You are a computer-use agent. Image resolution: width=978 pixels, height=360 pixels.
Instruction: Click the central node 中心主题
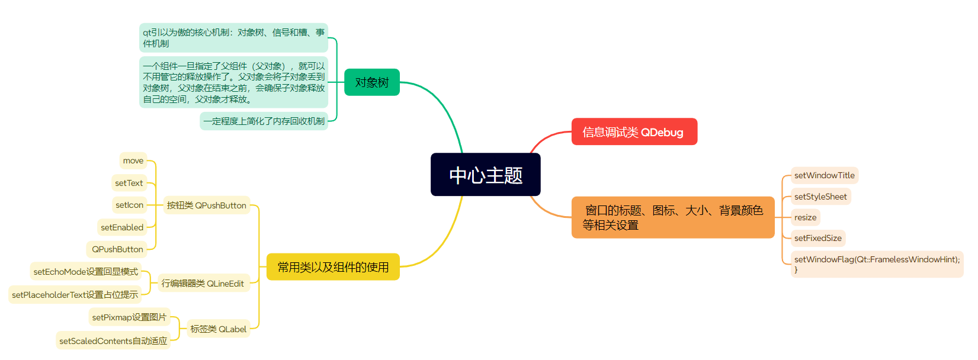tap(485, 175)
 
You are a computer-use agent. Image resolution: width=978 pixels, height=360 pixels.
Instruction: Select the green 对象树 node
tap(372, 82)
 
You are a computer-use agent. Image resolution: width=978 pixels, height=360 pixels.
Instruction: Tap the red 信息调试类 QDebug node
tap(634, 132)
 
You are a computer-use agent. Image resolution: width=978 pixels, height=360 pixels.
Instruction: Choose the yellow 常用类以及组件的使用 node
tap(333, 267)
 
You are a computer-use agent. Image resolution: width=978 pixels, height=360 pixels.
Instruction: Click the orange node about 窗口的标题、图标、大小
tap(672, 217)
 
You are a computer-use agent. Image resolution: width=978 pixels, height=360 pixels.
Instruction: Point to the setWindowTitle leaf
tap(824, 175)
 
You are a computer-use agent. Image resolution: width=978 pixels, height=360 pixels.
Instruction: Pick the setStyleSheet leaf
tap(820, 197)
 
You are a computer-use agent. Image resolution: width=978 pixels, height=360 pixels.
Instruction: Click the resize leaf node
tap(805, 217)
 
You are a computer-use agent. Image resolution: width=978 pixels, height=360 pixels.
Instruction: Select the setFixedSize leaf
tap(817, 238)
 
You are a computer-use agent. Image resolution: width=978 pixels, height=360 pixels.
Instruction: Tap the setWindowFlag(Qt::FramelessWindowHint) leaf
tap(876, 263)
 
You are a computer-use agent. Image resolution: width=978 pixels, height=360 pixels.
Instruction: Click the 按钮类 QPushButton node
tap(206, 205)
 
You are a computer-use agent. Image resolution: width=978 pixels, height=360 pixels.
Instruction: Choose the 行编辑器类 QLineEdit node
tap(203, 284)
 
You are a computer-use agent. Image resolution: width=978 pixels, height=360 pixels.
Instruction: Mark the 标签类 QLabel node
tap(218, 329)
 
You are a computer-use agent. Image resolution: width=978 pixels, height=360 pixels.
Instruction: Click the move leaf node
tap(133, 160)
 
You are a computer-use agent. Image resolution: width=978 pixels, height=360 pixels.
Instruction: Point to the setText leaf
tap(129, 183)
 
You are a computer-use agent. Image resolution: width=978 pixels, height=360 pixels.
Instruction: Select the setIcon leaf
tap(130, 205)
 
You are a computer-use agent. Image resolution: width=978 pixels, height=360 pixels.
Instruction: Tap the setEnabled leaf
tap(122, 227)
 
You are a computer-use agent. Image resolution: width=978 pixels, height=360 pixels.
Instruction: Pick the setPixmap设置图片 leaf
tap(129, 317)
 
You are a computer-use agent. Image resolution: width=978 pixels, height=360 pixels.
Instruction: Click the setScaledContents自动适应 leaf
tap(113, 341)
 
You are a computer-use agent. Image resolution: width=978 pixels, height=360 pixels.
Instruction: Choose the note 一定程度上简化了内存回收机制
tap(264, 121)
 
